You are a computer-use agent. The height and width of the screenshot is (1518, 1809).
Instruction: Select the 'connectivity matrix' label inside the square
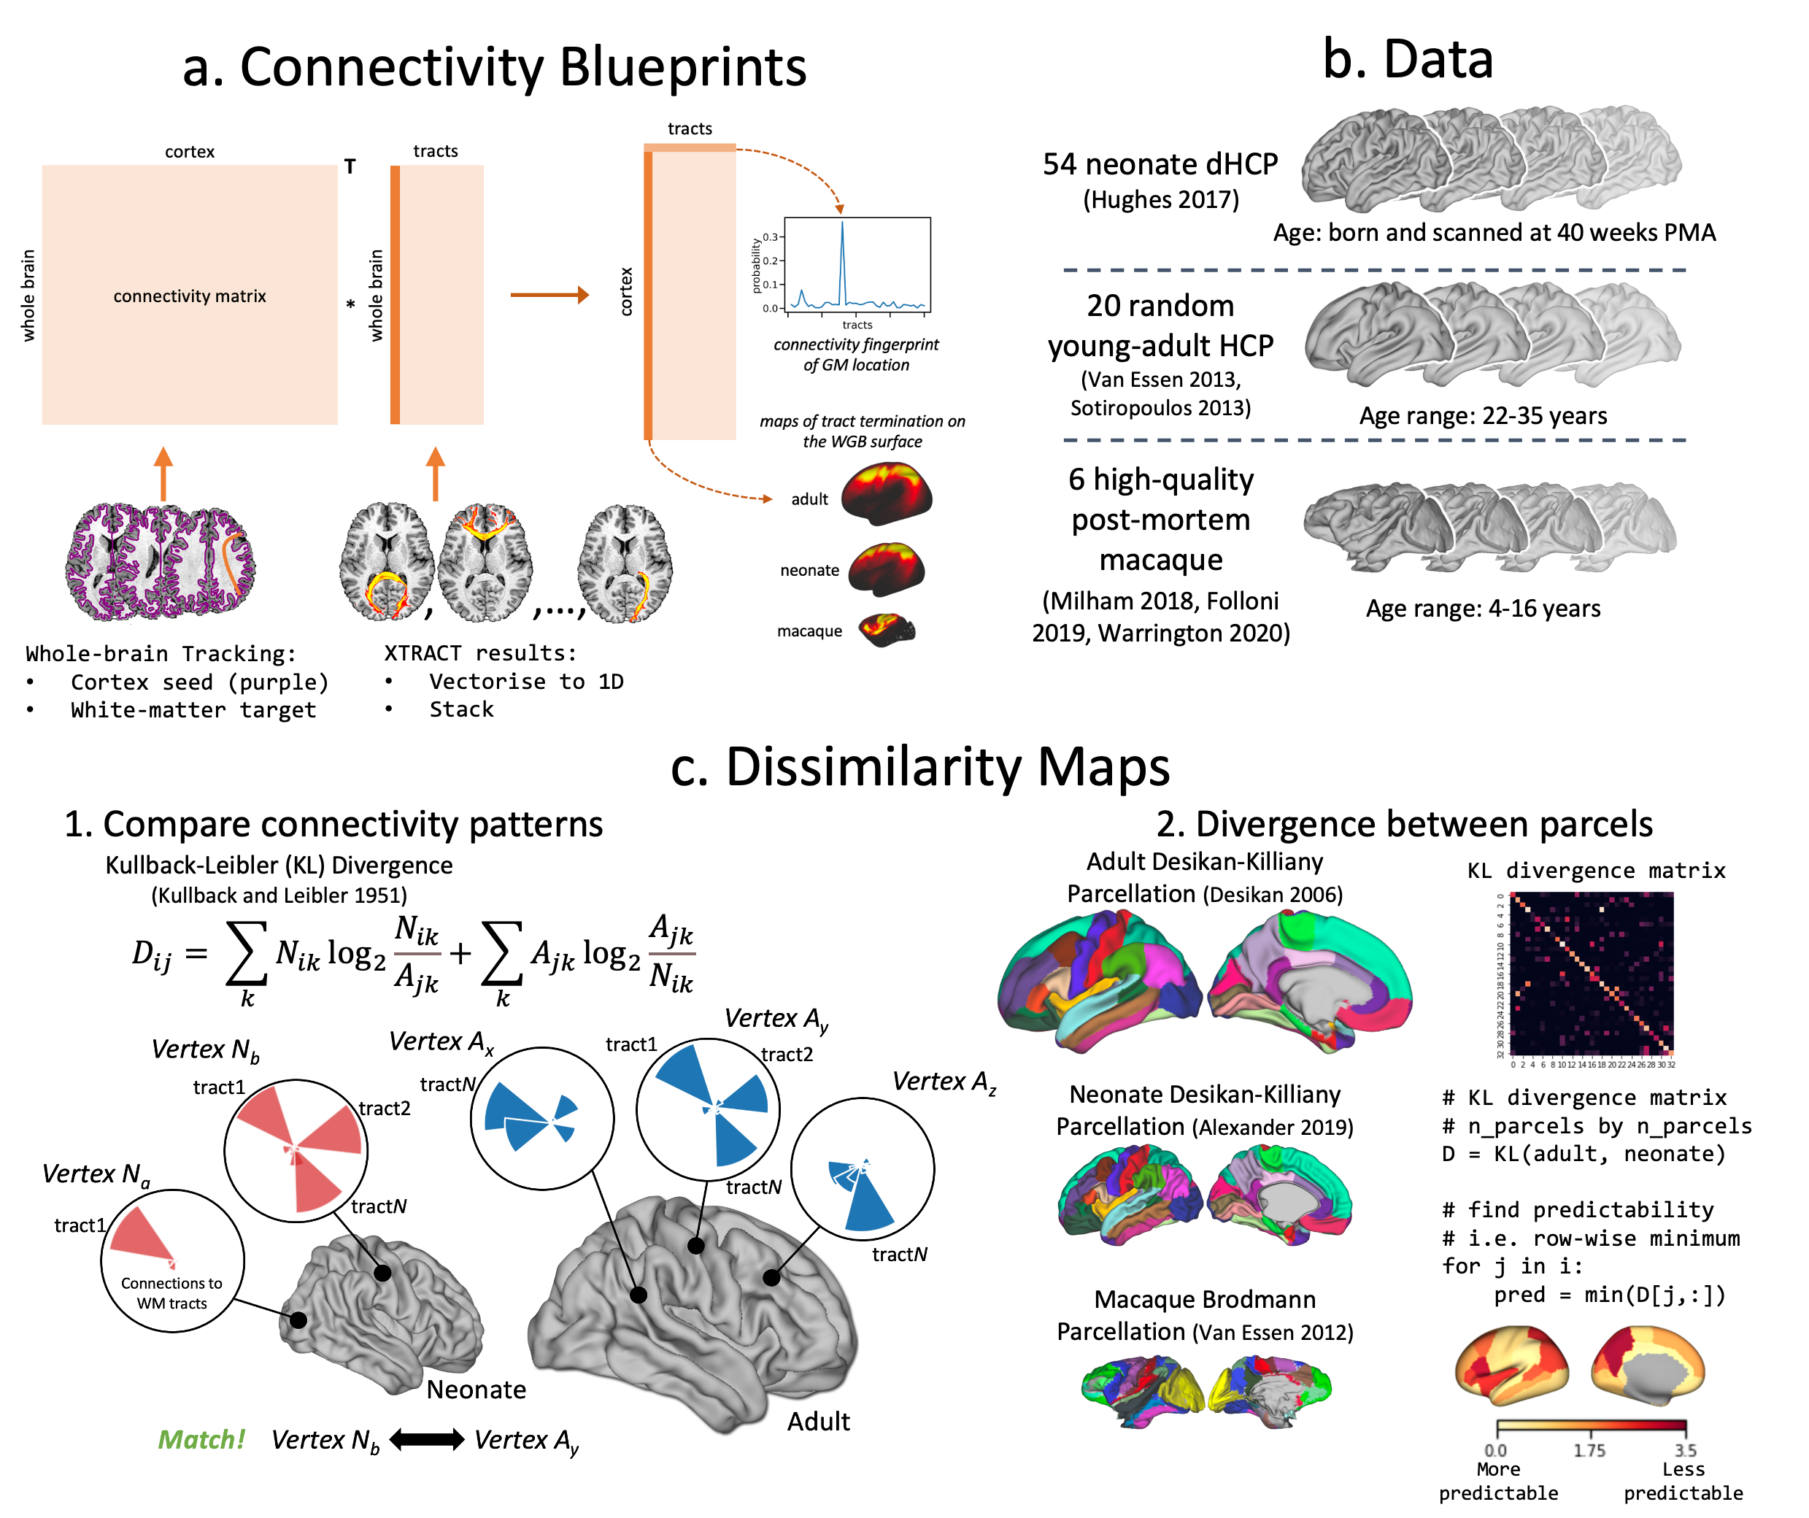pos(190,296)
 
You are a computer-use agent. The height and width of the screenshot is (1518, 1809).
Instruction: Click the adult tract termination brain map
pos(887,493)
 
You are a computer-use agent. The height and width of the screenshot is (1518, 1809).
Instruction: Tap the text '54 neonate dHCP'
pos(1160,163)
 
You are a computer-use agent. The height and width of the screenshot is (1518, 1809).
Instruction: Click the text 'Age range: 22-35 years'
pos(1483,416)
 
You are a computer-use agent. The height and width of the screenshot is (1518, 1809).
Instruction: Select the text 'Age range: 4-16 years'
pos(1483,608)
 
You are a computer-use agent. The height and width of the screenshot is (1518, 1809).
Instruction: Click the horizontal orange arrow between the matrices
pos(549,295)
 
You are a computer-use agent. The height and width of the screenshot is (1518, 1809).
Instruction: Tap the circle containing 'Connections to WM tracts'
pos(172,1261)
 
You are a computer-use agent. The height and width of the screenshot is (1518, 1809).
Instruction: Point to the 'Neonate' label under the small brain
pos(476,1390)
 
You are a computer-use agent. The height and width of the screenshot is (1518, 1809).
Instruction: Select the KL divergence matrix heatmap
pos(1592,974)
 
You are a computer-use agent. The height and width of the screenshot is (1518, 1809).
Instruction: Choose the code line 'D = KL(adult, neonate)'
pos(1584,1155)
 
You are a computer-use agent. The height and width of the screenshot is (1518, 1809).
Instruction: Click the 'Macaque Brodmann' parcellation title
pos(1204,1299)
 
